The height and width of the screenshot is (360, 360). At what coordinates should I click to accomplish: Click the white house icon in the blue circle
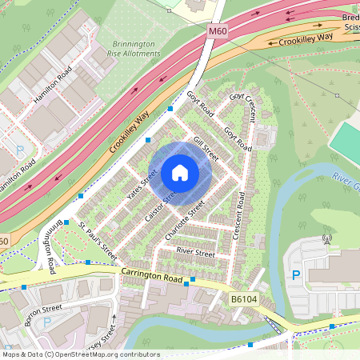[x=180, y=173]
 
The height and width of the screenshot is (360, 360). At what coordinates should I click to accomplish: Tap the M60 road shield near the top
[x=218, y=30]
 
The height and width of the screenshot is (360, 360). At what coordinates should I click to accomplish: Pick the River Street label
[x=195, y=254]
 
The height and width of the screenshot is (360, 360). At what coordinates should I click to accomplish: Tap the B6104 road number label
[x=245, y=299]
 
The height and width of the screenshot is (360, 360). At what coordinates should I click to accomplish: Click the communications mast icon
[x=326, y=238]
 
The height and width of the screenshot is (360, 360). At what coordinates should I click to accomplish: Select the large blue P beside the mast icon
[x=296, y=275]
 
